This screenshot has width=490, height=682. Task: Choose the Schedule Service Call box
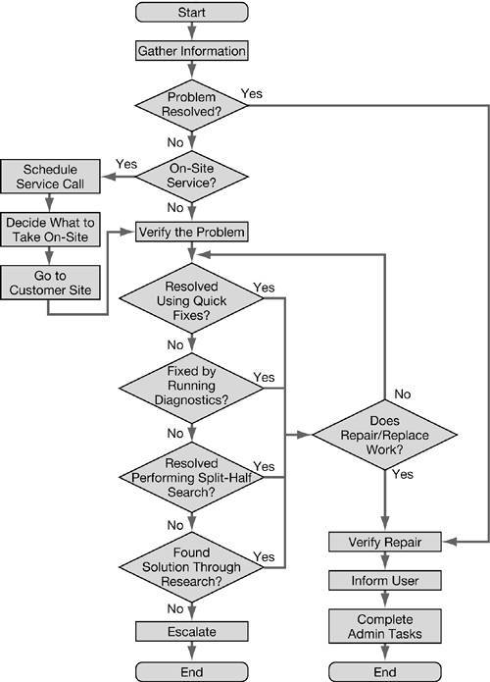[56, 175]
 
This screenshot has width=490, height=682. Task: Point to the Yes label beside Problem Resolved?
[251, 93]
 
